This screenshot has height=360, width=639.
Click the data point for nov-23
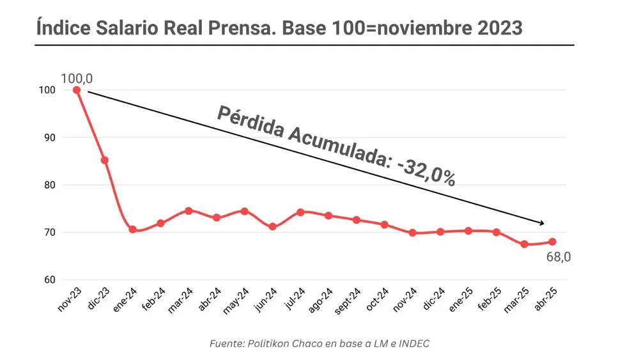coord(77,90)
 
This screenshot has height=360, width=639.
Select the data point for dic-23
coord(105,160)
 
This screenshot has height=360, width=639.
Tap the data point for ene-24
coord(132,229)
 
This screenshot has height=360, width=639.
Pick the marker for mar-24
coord(189,210)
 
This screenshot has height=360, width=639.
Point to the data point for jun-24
coord(273,226)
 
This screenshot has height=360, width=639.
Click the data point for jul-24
coord(300,212)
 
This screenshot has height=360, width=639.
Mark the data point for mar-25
coord(525,244)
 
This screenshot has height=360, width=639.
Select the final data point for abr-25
coord(553,242)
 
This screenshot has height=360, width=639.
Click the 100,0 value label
coord(77,78)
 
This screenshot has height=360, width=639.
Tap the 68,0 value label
coord(558,258)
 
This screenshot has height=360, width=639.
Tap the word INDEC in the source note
coord(414,343)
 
